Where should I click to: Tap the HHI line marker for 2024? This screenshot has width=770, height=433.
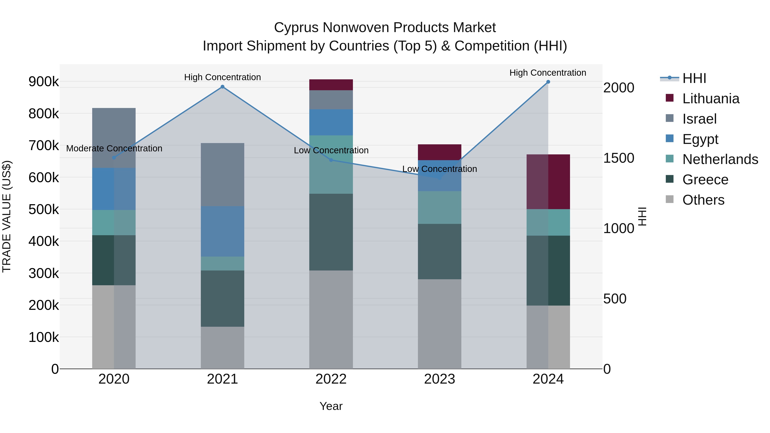[x=548, y=82]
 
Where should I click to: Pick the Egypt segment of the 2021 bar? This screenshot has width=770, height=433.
[x=222, y=231]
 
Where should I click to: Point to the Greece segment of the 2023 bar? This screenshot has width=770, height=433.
[x=439, y=252]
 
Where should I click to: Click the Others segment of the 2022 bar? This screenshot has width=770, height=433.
[x=331, y=319]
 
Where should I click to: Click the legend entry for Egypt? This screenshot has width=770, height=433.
[x=700, y=139]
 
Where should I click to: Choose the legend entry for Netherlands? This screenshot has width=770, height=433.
[x=720, y=160]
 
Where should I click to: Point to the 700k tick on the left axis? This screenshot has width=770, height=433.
[x=44, y=146]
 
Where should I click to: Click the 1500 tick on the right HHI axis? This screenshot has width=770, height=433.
[x=618, y=158]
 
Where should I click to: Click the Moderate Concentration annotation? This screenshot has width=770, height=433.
[x=114, y=149]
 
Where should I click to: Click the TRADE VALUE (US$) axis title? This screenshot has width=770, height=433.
[x=7, y=216]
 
